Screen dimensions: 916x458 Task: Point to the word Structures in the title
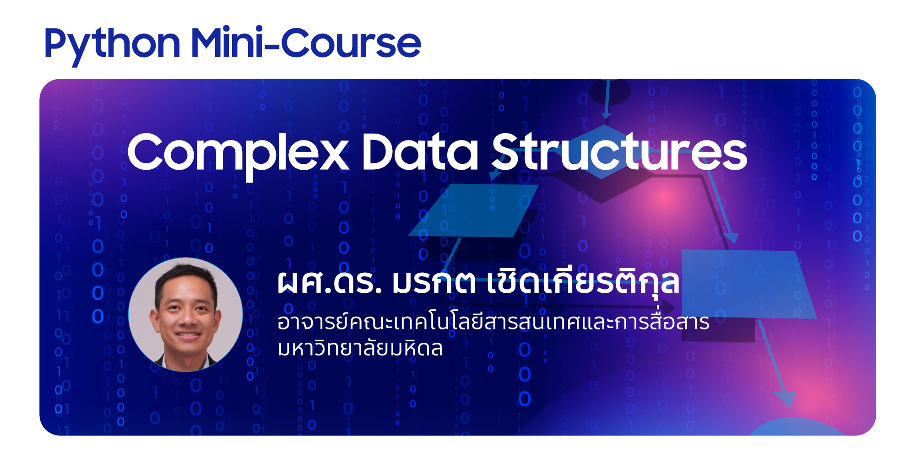(619, 152)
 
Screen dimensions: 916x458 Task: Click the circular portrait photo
(185, 314)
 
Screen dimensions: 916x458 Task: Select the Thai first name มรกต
(434, 282)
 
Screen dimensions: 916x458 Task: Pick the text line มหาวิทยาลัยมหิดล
(360, 348)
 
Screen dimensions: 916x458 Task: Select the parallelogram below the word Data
(474, 210)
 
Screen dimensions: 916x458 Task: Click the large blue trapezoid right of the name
(748, 284)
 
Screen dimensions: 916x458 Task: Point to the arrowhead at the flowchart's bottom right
(785, 399)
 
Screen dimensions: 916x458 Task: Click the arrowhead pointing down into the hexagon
(606, 114)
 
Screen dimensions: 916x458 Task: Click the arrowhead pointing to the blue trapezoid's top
(732, 238)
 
